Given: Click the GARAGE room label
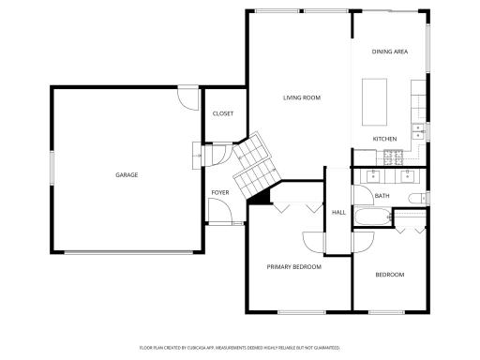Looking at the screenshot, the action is coord(127,175).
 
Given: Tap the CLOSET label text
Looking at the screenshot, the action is coord(223,113).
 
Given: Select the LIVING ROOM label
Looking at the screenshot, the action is coord(302,97).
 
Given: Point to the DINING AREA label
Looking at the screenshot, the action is coord(390,52).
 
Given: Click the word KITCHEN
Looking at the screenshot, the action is coord(384,139).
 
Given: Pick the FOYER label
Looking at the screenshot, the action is coord(220,193).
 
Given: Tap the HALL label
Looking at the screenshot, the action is coord(338,213).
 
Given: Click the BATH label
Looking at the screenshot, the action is coord(382,196).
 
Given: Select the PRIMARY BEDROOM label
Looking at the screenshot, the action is coord(294,267).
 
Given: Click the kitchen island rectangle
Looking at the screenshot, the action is coord(374,102).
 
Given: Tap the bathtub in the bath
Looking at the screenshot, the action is coord(373,217).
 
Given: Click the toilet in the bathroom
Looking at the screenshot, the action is coord(417,199).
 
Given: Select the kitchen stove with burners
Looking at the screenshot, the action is coord(393,157).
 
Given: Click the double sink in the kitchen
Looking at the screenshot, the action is coord(418,131).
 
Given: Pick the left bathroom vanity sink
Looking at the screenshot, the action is coord(373,176).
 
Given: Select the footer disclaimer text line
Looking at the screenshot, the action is coord(240,348).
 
